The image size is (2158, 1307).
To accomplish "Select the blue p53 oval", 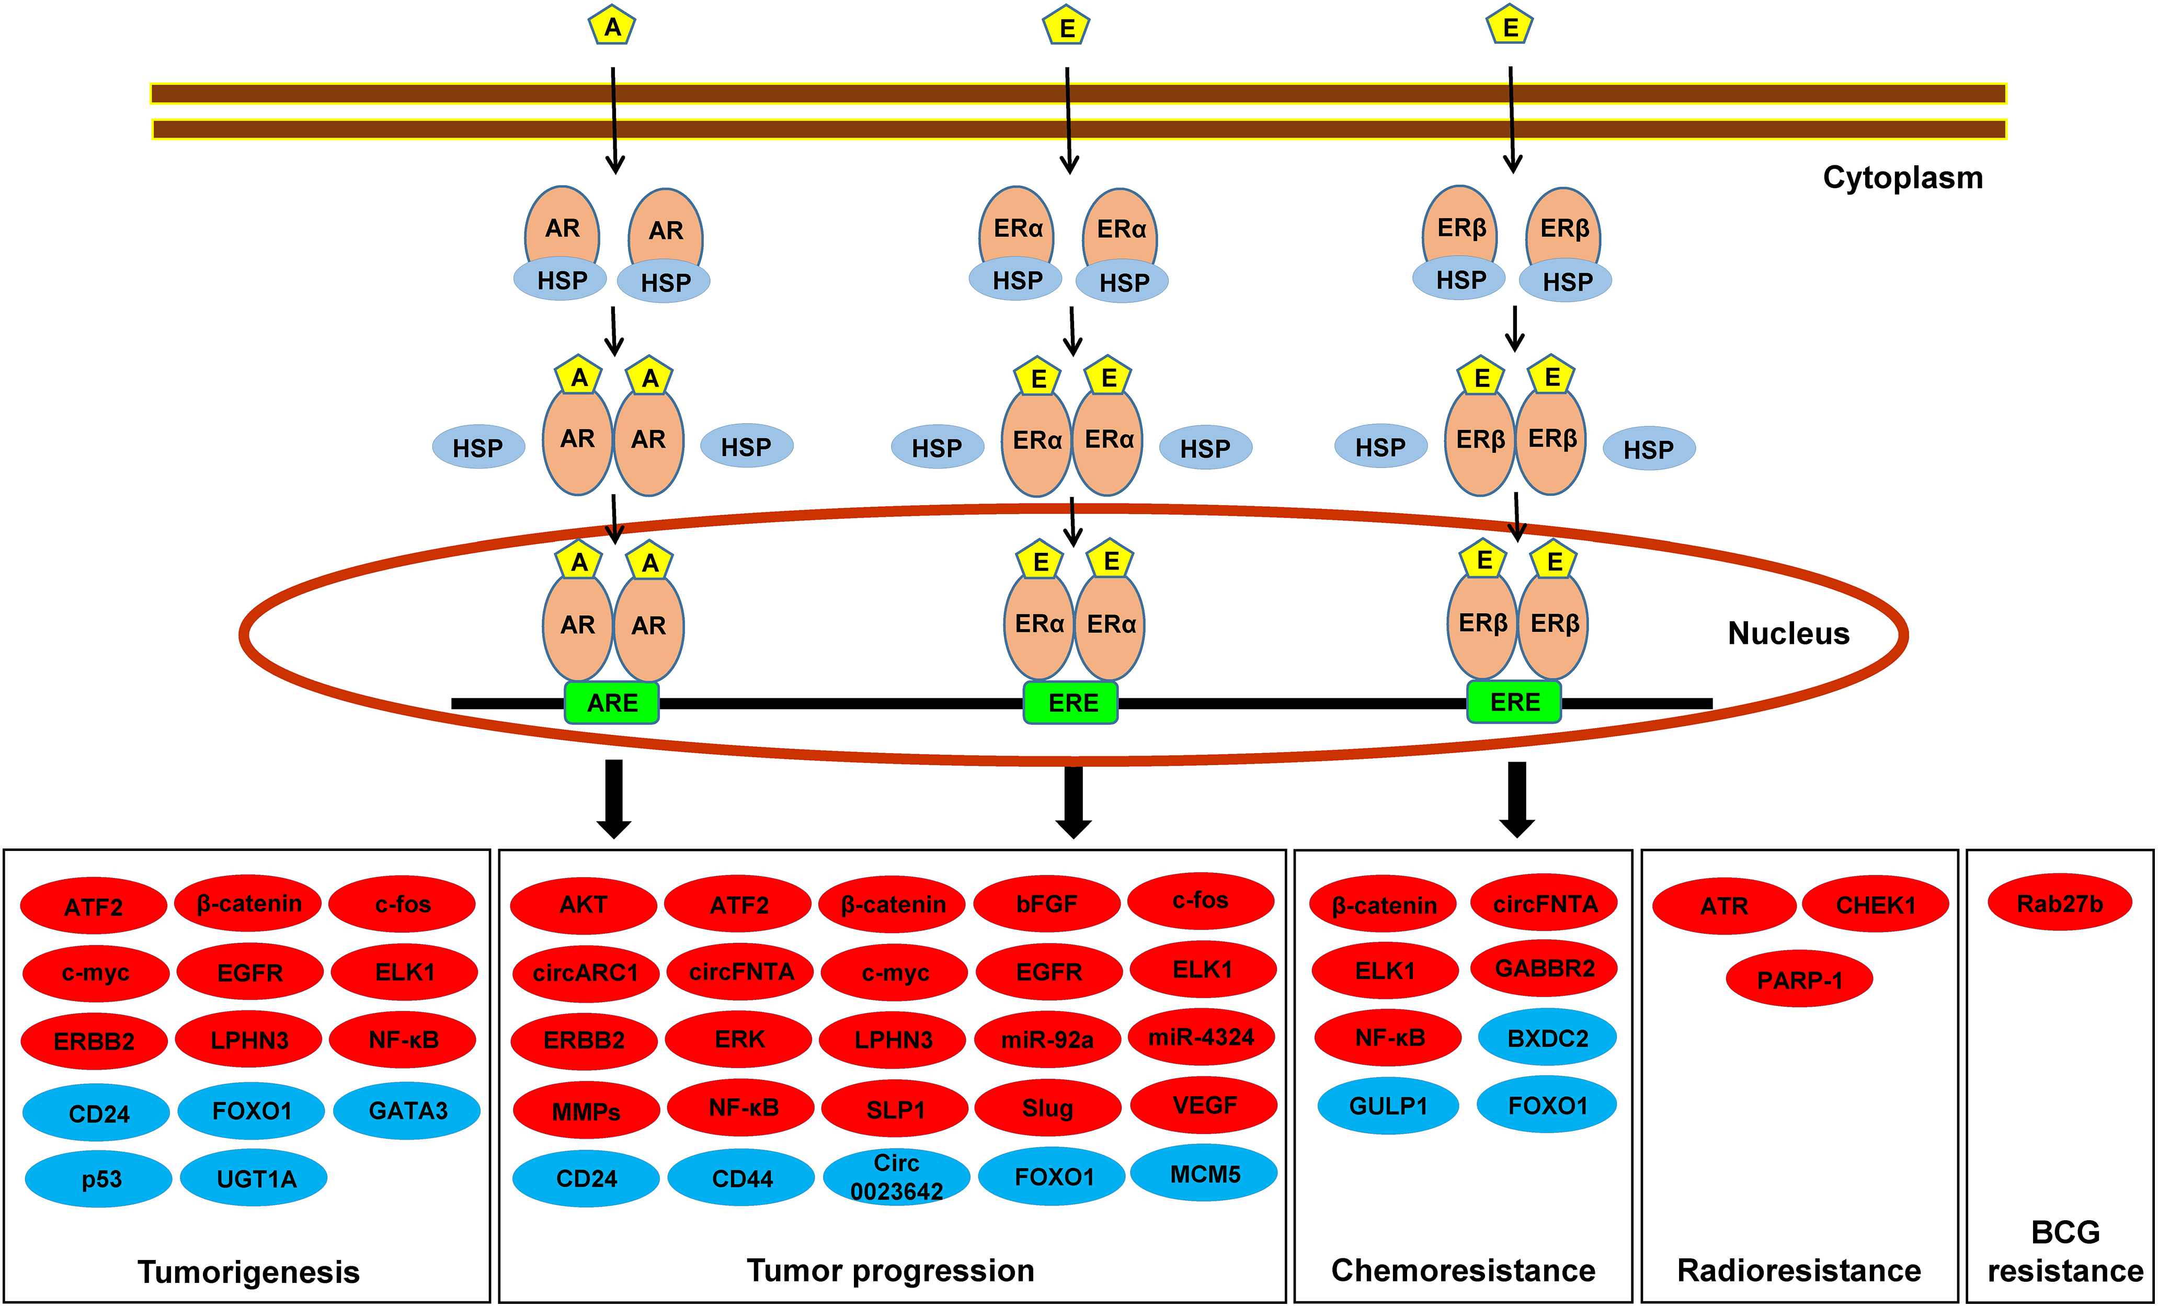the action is [x=99, y=1179].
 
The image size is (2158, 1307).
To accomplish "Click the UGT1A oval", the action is [x=254, y=1178].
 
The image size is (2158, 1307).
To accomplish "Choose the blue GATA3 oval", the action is [x=407, y=1111].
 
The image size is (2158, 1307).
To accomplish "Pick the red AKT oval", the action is [x=583, y=905].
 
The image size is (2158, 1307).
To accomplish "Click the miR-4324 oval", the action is [x=1202, y=1037].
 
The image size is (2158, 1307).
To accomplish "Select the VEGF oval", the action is [x=1204, y=1106].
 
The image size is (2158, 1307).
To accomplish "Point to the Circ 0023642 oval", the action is [x=896, y=1176].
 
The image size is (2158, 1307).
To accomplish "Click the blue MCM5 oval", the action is [x=1204, y=1174].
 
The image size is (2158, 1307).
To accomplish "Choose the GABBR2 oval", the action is [x=1544, y=968].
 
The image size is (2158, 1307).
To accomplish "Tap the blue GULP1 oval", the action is [x=1388, y=1106].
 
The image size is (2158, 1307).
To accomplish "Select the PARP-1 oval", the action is [x=1799, y=980].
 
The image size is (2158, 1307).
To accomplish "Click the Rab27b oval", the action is [x=2060, y=903].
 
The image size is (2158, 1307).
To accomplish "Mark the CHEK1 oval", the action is [x=1875, y=905].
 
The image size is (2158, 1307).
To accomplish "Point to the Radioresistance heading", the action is [x=1799, y=1270].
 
